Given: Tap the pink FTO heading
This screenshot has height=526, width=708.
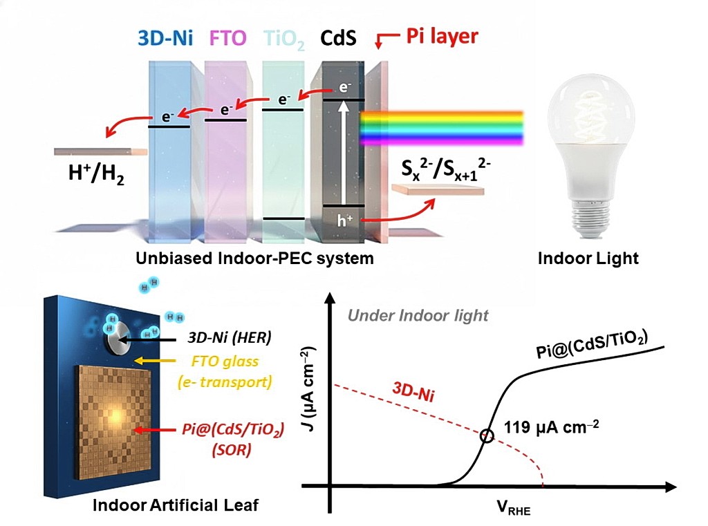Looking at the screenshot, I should point(226,37).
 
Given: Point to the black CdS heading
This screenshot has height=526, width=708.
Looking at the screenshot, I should point(338,37).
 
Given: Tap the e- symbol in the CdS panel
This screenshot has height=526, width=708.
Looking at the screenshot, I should point(344,88).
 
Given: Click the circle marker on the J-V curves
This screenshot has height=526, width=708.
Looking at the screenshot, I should point(487,436).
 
